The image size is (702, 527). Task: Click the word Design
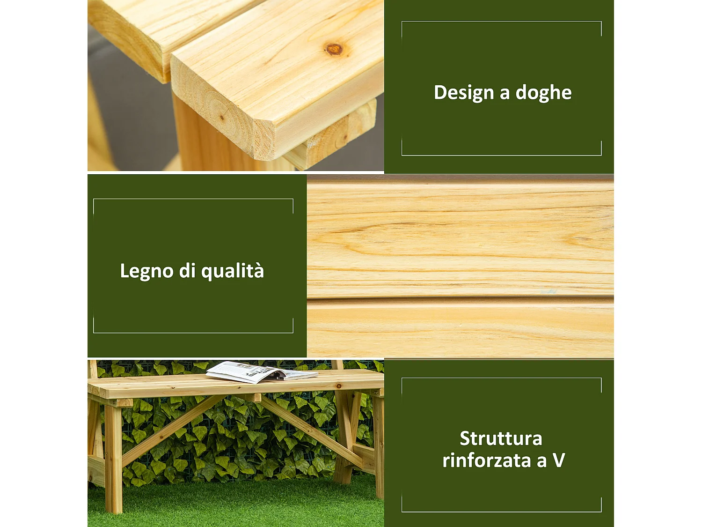[463, 93]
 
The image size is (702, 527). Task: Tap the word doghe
[543, 93]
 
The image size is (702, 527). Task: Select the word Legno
[146, 271]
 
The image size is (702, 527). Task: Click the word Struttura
[501, 438]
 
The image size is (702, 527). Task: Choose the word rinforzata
[486, 460]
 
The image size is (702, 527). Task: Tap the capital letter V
[559, 460]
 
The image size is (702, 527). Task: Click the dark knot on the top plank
[334, 49]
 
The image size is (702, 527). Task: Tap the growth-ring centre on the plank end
[221, 117]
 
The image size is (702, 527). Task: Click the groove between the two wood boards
[460, 298]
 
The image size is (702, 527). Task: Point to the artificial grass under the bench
[234, 506]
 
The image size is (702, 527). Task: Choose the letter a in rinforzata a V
[541, 461]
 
